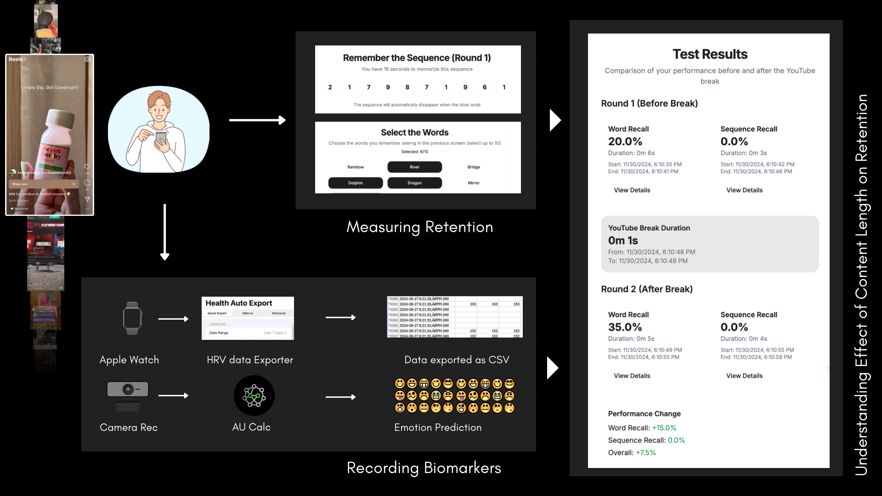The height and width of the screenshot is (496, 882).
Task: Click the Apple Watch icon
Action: [132, 318]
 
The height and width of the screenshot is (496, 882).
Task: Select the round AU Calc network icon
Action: [254, 395]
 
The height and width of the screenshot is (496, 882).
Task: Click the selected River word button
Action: [414, 167]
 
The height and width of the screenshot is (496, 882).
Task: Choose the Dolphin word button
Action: [355, 183]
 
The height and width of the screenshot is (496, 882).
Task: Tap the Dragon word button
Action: [414, 183]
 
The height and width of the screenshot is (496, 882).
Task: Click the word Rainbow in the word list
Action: [355, 167]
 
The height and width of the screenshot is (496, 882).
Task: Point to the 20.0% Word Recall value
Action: [625, 141]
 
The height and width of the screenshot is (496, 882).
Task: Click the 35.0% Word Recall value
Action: [625, 327]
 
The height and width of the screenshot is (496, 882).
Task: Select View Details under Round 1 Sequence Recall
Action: [744, 190]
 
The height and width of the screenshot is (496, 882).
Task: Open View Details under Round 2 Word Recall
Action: [632, 376]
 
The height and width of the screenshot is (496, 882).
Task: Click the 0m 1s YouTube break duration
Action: [623, 241]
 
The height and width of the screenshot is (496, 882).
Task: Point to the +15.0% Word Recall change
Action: [664, 428]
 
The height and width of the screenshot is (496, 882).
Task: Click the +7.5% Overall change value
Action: [646, 453]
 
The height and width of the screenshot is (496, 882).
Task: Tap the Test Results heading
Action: [710, 54]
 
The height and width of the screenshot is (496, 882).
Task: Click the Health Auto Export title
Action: [239, 303]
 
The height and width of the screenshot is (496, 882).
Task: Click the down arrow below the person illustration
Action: [165, 232]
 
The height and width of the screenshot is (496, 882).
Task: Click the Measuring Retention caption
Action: [419, 227]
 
